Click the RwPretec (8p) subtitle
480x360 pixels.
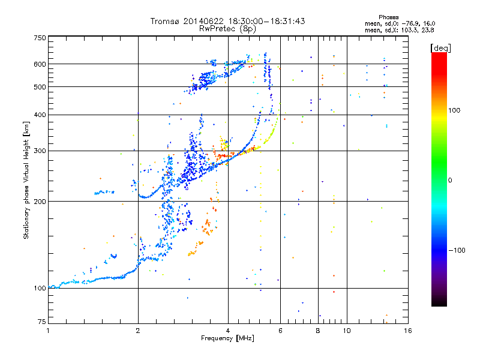[x=228, y=28]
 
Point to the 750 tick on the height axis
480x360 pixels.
[x=40, y=38]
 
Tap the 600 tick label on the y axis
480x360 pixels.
[x=40, y=64]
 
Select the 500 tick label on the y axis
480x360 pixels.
[x=40, y=87]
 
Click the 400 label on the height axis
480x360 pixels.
[x=40, y=115]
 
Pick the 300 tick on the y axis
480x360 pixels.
[x=40, y=151]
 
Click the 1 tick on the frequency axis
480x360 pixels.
[x=48, y=330]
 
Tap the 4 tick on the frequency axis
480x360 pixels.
[x=228, y=330]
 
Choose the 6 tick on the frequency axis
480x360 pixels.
[x=280, y=330]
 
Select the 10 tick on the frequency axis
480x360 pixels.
[x=346, y=330]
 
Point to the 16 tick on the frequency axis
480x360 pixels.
[x=407, y=330]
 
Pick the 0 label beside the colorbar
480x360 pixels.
[x=450, y=180]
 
